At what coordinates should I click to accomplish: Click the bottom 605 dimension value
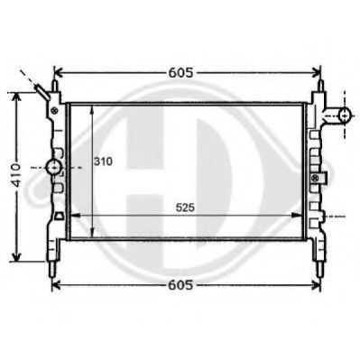[x=181, y=285]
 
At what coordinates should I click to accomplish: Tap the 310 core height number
[x=103, y=163]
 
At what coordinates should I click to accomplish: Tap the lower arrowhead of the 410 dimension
[x=15, y=255]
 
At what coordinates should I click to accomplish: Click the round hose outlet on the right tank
[x=340, y=115]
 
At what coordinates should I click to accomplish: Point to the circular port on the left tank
[x=54, y=168]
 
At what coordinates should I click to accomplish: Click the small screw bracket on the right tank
[x=316, y=179]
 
